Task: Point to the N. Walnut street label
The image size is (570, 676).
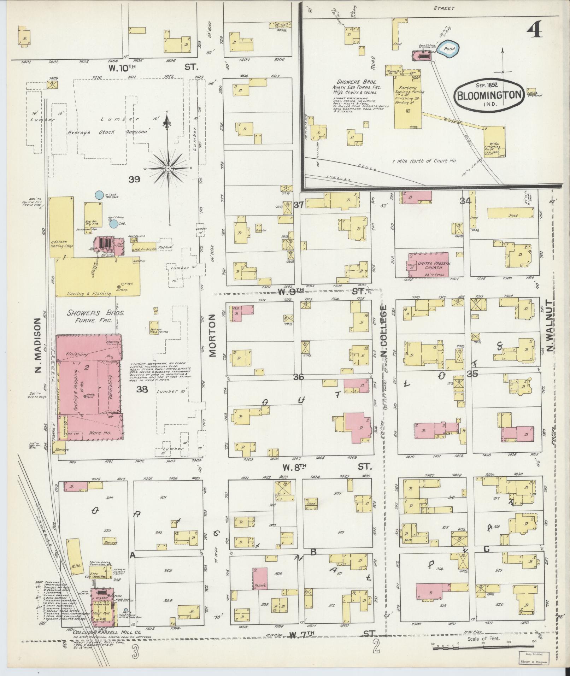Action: (x=550, y=326)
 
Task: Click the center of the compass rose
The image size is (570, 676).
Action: (x=168, y=169)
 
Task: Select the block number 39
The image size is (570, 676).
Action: (x=134, y=179)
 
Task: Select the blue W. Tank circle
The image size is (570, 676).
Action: (x=100, y=194)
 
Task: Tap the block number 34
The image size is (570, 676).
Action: (x=466, y=201)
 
